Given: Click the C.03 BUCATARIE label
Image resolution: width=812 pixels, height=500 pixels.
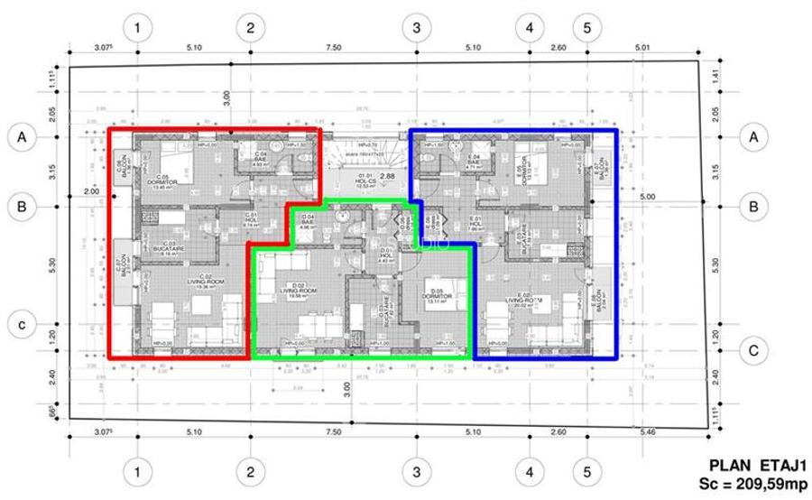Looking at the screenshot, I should (169, 246).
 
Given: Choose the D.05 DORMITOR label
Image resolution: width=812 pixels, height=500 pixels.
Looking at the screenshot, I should (440, 294).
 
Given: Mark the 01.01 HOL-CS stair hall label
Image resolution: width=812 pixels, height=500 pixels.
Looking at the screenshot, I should (365, 178).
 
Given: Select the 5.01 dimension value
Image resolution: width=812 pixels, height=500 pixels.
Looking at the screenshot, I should (642, 47).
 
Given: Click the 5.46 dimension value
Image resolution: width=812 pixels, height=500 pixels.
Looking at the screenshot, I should (642, 433).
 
